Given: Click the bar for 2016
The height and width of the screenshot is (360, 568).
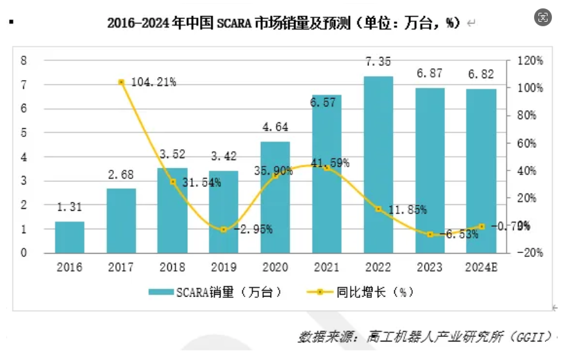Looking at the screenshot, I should [x=69, y=237].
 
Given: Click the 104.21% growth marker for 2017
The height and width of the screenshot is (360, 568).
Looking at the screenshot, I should [x=121, y=82].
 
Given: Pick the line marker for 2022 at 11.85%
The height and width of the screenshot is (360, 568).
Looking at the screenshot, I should [x=378, y=209].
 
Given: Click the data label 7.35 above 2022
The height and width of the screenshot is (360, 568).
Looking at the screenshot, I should [x=378, y=61].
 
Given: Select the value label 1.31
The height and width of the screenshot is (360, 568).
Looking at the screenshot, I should [x=69, y=207].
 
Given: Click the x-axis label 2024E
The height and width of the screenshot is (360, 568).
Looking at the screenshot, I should [x=481, y=268].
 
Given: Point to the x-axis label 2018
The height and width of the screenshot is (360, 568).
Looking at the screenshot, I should [x=172, y=268].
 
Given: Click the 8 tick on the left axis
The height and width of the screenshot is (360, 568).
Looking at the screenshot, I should [x=24, y=61].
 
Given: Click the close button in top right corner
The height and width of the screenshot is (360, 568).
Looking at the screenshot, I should [x=543, y=18].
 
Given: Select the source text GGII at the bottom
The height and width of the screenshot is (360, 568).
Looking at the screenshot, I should [x=529, y=336].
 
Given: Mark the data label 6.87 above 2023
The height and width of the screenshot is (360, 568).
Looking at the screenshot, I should [x=430, y=74].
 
